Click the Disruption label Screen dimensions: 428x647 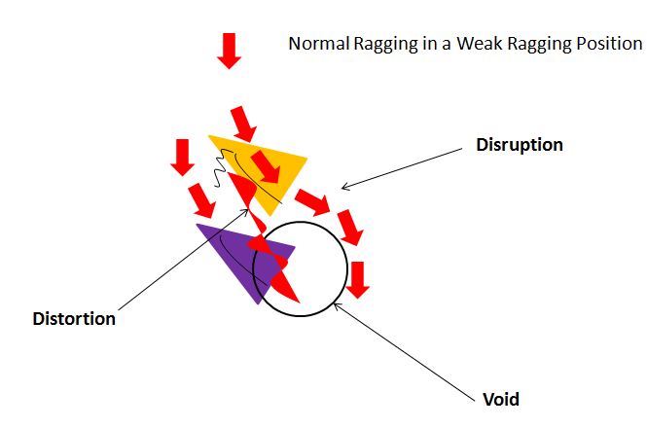(x=520, y=145)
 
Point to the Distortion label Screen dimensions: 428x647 (x=74, y=319)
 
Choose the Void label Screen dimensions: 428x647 (x=501, y=399)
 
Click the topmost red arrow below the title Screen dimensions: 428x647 (x=229, y=50)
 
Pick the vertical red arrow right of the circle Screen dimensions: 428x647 (x=359, y=278)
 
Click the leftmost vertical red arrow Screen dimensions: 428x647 (x=181, y=157)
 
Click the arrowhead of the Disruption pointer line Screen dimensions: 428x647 (x=342, y=187)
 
